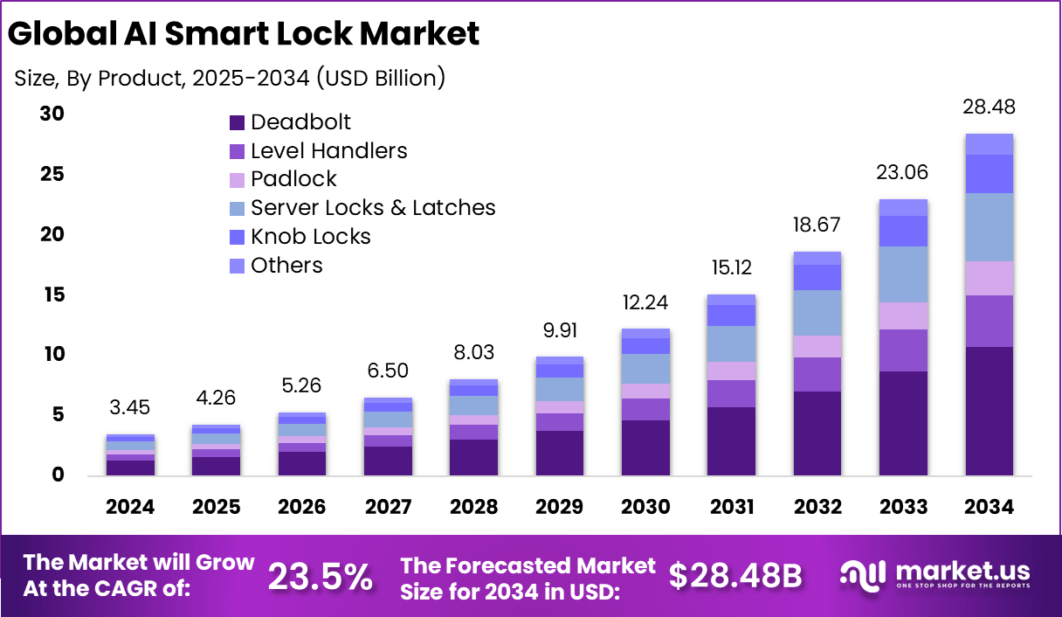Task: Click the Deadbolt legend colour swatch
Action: click(x=237, y=122)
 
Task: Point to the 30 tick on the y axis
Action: click(x=52, y=114)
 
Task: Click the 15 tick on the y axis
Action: click(x=52, y=295)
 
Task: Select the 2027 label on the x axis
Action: click(x=388, y=508)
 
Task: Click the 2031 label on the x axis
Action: click(x=731, y=508)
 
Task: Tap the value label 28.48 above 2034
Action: click(x=989, y=107)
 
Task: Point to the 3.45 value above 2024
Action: click(x=130, y=407)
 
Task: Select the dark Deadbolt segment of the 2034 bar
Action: click(x=989, y=411)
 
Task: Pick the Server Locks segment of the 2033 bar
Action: click(x=903, y=274)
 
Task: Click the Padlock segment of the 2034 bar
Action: click(x=989, y=278)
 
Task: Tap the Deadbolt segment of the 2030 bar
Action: click(x=645, y=447)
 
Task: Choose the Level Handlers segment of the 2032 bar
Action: click(x=817, y=374)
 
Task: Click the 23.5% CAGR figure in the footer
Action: click(x=320, y=576)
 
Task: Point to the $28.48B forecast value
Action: click(x=734, y=575)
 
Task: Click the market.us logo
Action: click(x=934, y=574)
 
